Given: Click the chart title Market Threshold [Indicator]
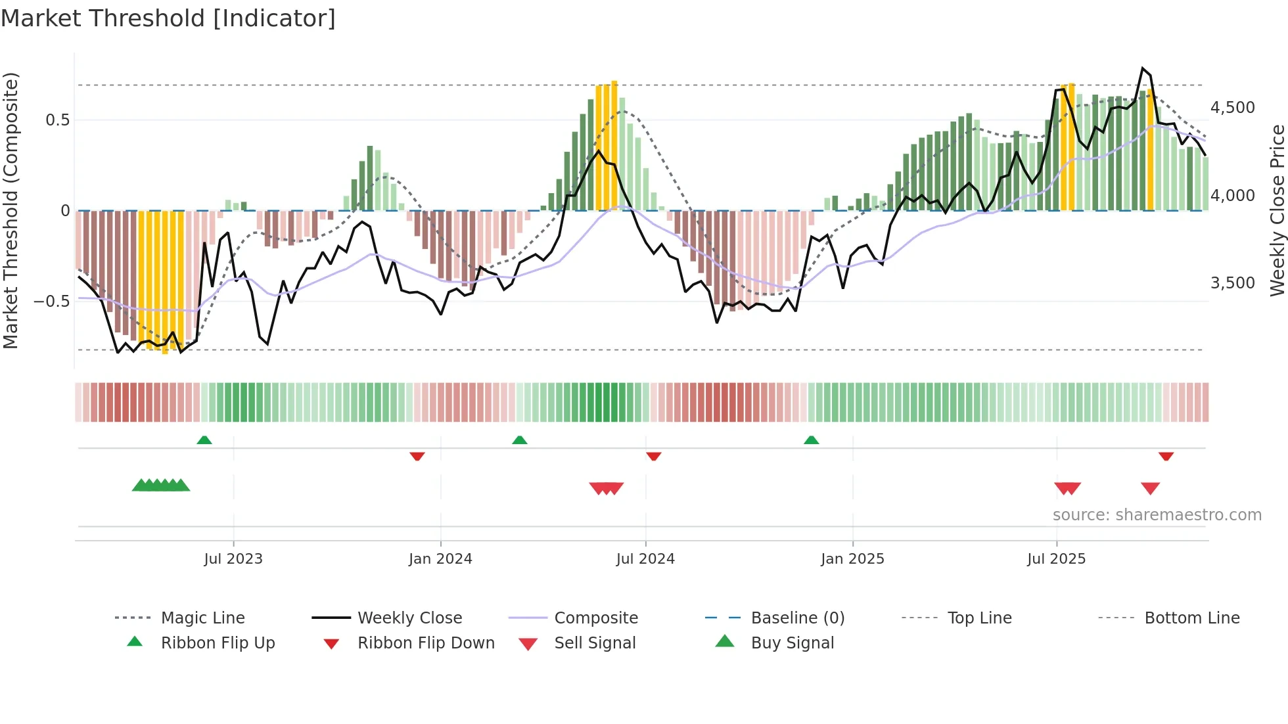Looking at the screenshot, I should [x=168, y=18].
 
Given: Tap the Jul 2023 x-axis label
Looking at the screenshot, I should [x=233, y=559].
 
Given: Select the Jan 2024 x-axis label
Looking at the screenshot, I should [x=440, y=559].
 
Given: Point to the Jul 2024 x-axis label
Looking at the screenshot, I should [x=645, y=559].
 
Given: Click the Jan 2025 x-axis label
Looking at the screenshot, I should [x=852, y=559].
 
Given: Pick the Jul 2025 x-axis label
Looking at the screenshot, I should [x=1056, y=559].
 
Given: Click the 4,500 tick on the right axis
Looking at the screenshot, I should [x=1232, y=108].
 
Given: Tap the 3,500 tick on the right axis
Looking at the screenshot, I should [x=1232, y=283].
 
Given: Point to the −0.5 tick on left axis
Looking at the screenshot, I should [x=51, y=302].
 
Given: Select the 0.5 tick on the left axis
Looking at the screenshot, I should [x=57, y=120].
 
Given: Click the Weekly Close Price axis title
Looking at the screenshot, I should [x=1277, y=210].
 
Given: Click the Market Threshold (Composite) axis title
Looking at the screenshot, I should [x=11, y=210].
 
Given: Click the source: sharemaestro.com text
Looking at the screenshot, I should [x=1157, y=515].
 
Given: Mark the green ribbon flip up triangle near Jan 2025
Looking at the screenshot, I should [x=811, y=440].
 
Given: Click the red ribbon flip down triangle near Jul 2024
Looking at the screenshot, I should [x=653, y=456].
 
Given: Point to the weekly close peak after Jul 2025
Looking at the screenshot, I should [x=1143, y=68].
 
